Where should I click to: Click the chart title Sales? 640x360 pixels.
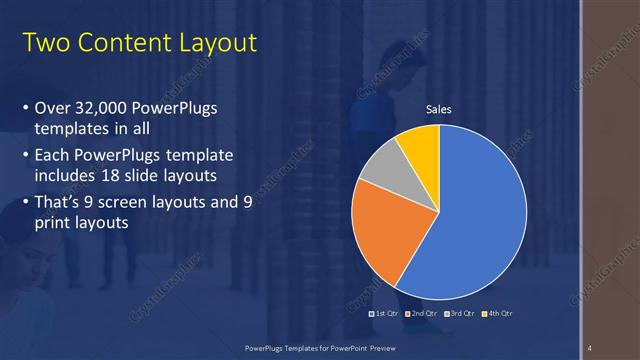coord(439,109)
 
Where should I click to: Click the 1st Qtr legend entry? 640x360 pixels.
coord(385,313)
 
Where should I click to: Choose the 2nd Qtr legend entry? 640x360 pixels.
coord(422,313)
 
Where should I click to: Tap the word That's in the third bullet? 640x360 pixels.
coord(59,203)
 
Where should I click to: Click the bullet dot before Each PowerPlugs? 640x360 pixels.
coord(25,157)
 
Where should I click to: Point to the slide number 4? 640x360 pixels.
coord(590,347)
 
